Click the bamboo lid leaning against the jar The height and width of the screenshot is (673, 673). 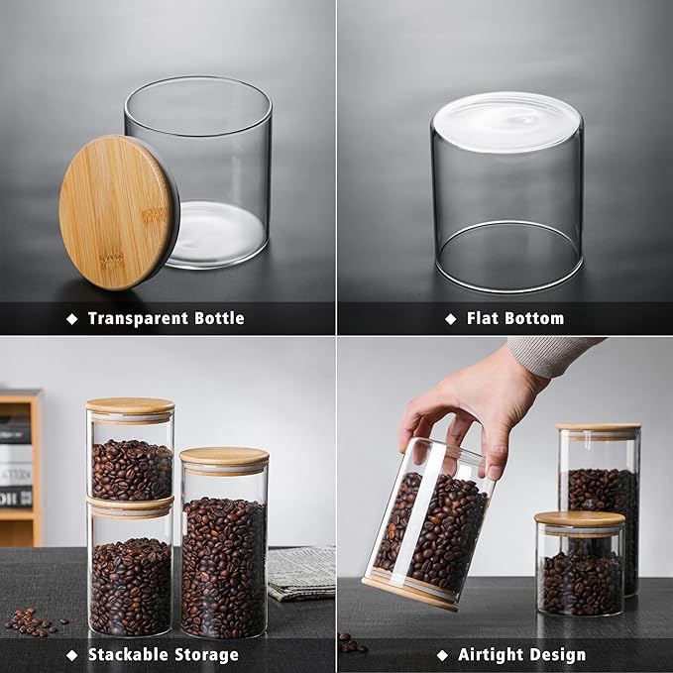pos(116,213)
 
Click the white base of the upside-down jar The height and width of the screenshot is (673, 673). pos(505,122)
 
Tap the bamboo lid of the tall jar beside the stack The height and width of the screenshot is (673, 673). pos(224,456)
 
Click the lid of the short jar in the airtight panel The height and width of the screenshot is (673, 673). pos(580,519)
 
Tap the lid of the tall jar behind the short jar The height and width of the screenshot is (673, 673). pos(599,428)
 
